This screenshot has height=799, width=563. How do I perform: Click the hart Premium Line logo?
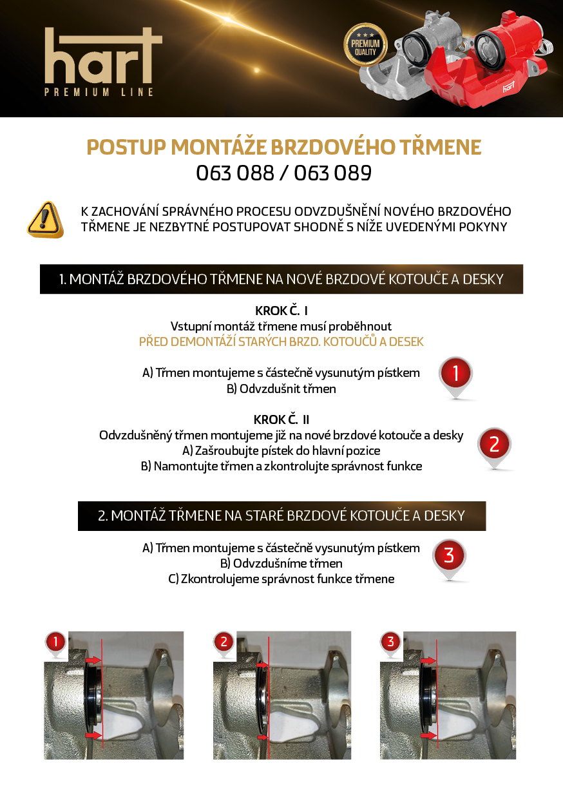[104, 62]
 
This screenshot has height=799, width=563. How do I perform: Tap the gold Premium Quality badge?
[365, 45]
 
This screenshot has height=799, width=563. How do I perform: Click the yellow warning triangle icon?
[45, 219]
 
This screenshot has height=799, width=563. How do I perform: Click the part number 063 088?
[235, 173]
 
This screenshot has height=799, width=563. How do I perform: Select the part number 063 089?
[332, 173]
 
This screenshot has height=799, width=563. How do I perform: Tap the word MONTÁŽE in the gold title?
[218, 147]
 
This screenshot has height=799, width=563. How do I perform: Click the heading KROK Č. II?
[281, 419]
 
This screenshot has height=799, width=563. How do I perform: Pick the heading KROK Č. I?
[281, 311]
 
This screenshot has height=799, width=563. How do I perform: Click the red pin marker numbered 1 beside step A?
[455, 377]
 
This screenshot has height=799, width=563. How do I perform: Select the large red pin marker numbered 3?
[449, 559]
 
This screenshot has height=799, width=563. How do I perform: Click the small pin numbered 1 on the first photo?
[55, 644]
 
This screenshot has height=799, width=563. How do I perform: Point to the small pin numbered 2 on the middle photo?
[224, 644]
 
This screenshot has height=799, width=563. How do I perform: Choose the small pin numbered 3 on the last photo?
[390, 644]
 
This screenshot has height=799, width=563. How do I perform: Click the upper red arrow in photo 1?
[94, 660]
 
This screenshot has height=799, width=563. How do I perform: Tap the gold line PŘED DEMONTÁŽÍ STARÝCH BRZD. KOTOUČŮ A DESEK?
[281, 342]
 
